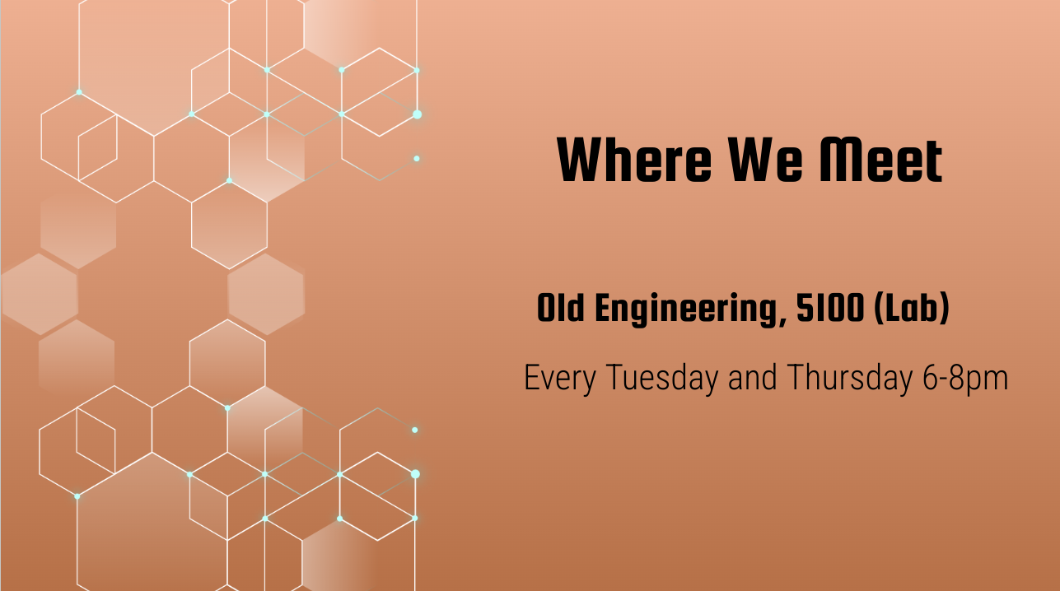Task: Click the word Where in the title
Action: [634, 160]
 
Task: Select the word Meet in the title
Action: [880, 160]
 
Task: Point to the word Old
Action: [561, 308]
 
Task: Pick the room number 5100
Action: [830, 308]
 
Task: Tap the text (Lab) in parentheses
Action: [912, 309]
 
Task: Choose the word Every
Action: [560, 379]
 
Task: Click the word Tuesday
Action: [661, 377]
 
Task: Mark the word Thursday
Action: [850, 377]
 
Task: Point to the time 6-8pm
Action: [965, 379]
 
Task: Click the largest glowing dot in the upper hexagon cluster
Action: [417, 114]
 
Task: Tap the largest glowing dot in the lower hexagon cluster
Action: [415, 474]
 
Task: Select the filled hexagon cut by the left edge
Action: [40, 294]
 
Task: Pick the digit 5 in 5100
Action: [804, 308]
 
